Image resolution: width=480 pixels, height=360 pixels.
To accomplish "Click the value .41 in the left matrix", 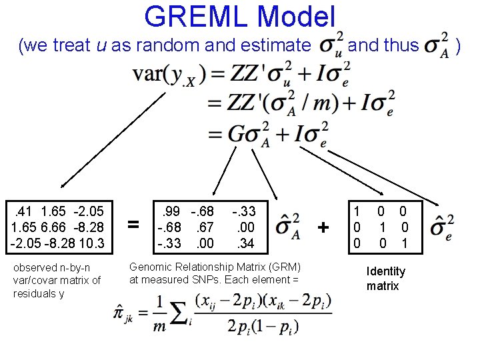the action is tap(25, 211).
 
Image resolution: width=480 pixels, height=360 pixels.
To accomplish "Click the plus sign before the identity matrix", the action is tap(323, 227).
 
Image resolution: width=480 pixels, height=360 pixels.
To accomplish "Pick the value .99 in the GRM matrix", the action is tap(171, 212).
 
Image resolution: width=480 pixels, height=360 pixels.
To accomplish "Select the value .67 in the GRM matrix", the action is tap(205, 228).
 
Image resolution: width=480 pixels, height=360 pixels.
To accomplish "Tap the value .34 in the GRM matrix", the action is tap(245, 244).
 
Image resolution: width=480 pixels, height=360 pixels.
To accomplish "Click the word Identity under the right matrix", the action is tap(386, 271).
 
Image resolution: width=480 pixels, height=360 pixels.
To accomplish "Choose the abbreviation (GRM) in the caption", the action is tap(285, 266).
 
